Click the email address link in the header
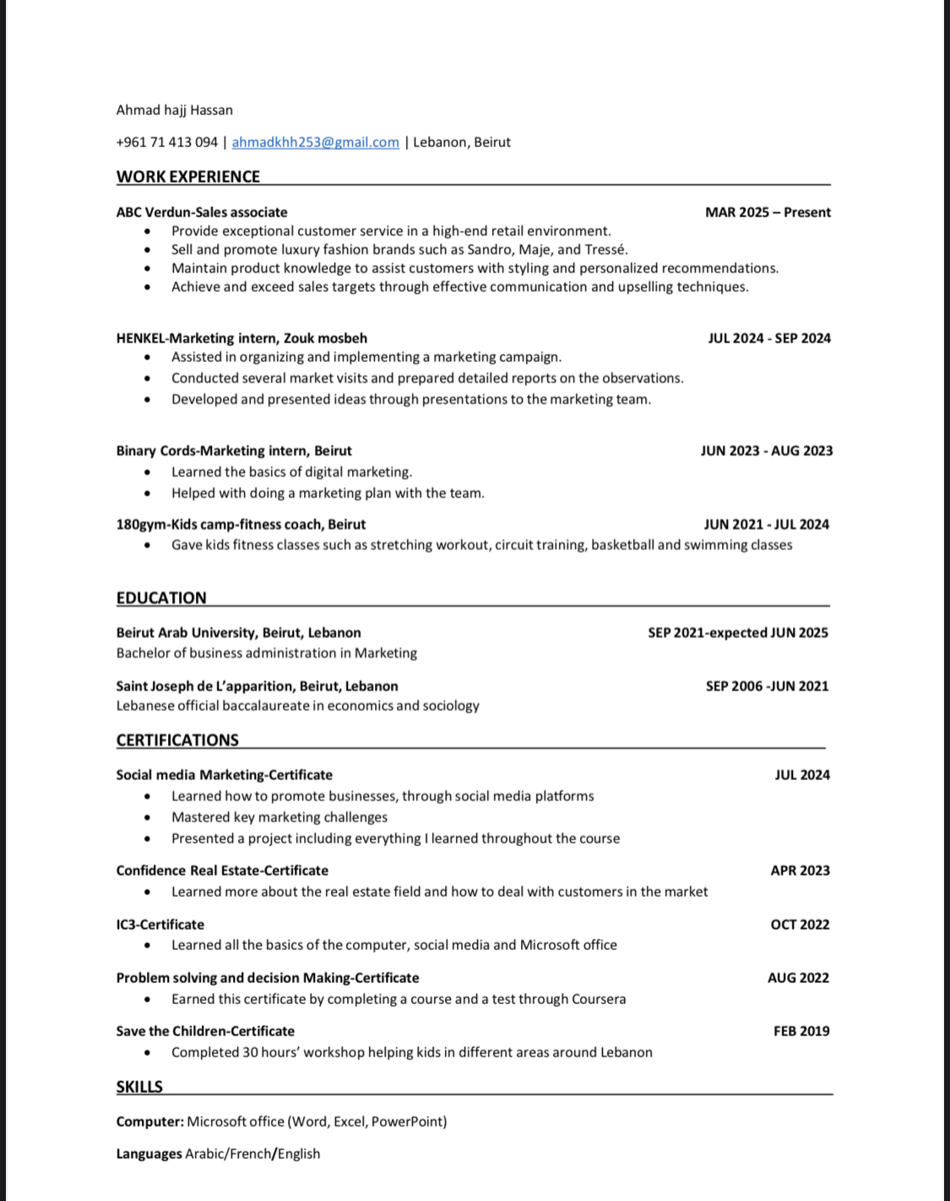(315, 142)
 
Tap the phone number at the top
(166, 142)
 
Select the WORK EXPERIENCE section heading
(187, 177)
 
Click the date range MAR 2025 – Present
(768, 212)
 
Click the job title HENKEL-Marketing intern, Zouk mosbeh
(242, 338)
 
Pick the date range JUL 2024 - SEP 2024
(769, 338)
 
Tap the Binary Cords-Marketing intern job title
(234, 450)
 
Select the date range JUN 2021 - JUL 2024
(767, 524)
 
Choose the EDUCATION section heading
(161, 598)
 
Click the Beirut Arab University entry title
(238, 632)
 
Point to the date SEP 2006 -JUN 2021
(767, 686)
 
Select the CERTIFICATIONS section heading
(177, 740)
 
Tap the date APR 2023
(800, 871)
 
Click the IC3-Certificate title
(160, 925)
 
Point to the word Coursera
(599, 999)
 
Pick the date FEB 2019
(801, 1031)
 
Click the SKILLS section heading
(139, 1087)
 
